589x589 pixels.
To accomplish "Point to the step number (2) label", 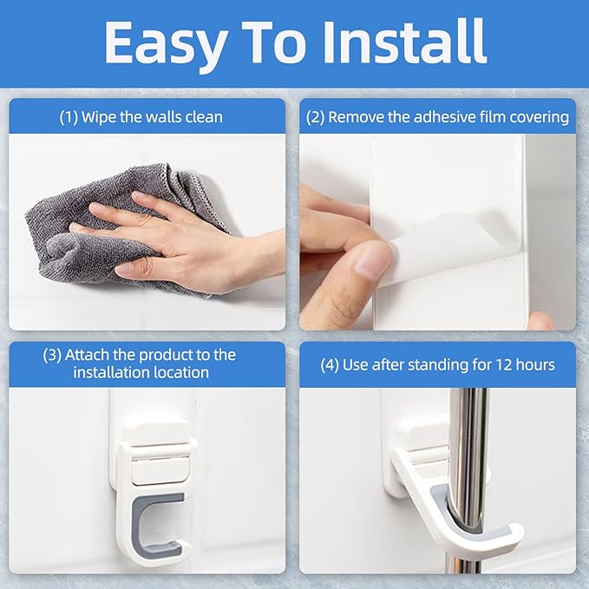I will (x=316, y=117).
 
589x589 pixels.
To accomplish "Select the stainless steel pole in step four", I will (x=469, y=451).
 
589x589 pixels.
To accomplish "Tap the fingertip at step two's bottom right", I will (x=539, y=322).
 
